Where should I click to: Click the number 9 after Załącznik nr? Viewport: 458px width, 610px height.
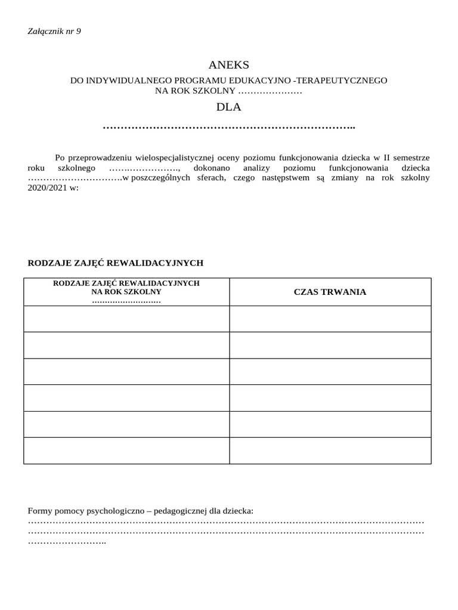78,31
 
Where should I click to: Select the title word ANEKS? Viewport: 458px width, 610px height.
229,65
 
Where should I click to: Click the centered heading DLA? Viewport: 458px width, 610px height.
229,108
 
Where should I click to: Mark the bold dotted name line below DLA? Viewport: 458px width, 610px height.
229,127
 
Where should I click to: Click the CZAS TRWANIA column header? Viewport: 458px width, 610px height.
330,292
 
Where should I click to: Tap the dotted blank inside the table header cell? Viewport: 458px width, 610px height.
126,301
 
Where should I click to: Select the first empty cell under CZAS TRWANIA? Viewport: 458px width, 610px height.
330,319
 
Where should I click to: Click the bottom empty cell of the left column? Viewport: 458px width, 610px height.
126,450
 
